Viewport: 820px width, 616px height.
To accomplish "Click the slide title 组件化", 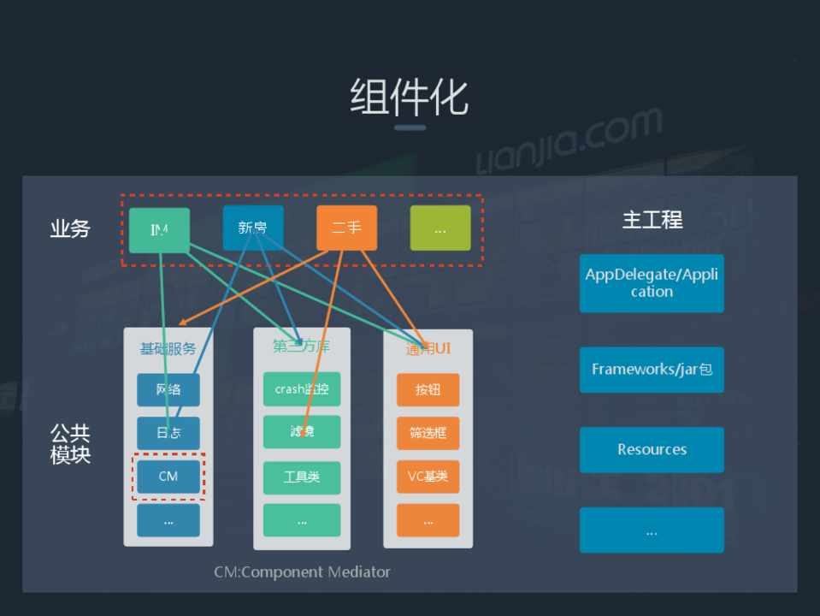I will click(x=409, y=96).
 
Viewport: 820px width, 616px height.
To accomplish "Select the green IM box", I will click(x=159, y=229).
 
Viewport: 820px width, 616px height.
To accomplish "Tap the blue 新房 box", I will click(x=252, y=228).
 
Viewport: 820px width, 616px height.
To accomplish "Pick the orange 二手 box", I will click(x=346, y=228).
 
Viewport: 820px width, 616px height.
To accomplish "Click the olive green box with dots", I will click(x=439, y=228).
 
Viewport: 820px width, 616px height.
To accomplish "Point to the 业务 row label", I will click(x=69, y=228).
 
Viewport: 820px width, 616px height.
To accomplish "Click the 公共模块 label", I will click(x=69, y=444).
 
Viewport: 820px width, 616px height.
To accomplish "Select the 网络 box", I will click(x=168, y=390).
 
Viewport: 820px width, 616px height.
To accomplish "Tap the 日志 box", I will click(x=168, y=433).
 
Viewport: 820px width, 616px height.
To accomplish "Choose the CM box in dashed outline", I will click(x=168, y=477).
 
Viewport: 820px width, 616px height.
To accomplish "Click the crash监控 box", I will click(x=301, y=389).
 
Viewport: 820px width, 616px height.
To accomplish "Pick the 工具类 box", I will click(x=301, y=477).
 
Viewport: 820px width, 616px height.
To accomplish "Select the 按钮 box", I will click(x=428, y=390).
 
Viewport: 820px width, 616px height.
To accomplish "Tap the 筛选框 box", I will click(x=428, y=433).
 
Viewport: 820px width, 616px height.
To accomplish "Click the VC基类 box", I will click(x=428, y=477).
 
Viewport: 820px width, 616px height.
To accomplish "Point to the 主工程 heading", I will click(x=652, y=220).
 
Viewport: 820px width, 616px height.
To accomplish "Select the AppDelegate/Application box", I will click(x=652, y=283).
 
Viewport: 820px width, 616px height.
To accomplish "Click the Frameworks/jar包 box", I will click(x=652, y=370).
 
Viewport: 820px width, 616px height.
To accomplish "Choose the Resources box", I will click(x=652, y=450).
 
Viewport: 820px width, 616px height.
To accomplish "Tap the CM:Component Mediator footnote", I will click(x=302, y=572).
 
